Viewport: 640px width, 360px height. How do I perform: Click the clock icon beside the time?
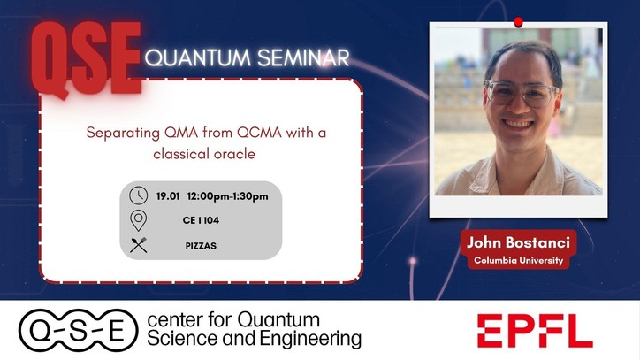pyautogui.click(x=139, y=195)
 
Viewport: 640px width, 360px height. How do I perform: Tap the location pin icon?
pyautogui.click(x=139, y=219)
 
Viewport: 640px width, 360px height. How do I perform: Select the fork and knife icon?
pyautogui.click(x=139, y=244)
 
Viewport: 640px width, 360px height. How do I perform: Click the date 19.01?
pyautogui.click(x=168, y=195)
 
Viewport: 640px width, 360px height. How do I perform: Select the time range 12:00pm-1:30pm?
pyautogui.click(x=228, y=195)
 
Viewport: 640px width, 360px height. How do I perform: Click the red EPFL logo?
pyautogui.click(x=535, y=331)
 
